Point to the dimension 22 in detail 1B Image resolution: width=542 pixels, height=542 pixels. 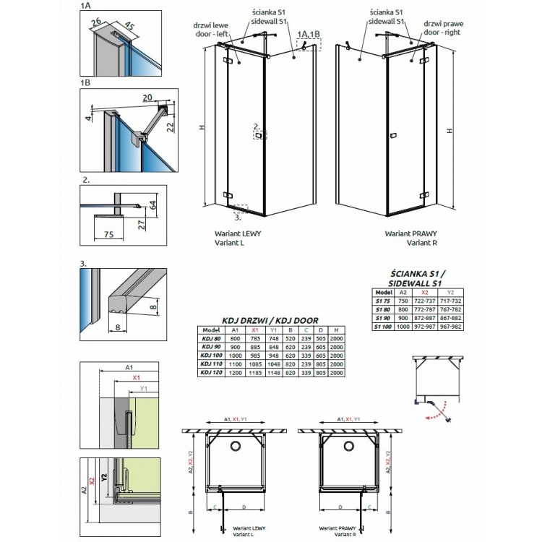171,127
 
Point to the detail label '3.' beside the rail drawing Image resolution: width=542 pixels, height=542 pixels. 85,264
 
